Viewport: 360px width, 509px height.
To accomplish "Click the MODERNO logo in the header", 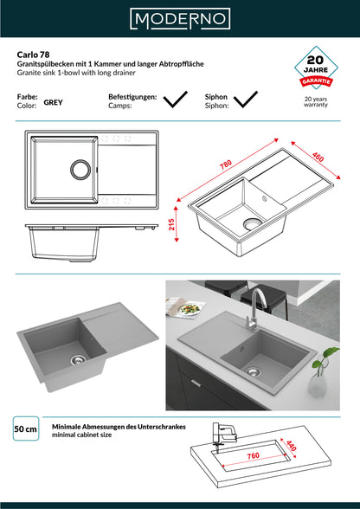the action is (180, 19).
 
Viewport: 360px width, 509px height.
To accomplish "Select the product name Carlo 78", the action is (33, 55).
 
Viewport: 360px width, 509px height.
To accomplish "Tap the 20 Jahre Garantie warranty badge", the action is (316, 68).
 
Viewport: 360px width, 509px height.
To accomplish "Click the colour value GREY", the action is (54, 102).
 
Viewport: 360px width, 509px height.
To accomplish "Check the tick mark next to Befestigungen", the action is (176, 100).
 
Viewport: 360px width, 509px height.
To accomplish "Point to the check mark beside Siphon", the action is (246, 100).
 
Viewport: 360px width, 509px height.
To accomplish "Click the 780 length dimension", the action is (226, 164).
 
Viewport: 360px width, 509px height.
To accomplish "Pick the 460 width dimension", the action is (318, 158).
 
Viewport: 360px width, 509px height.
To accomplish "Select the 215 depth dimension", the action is (171, 224).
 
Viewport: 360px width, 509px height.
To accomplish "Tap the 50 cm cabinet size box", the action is (26, 428).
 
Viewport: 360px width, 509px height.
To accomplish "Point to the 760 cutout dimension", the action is (253, 455).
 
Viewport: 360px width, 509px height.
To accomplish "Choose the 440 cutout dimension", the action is (291, 445).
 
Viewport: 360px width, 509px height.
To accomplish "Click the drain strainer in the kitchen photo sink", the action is (254, 371).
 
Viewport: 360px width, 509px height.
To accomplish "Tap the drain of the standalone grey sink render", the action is (78, 359).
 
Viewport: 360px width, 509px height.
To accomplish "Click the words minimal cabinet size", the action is (82, 435).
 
